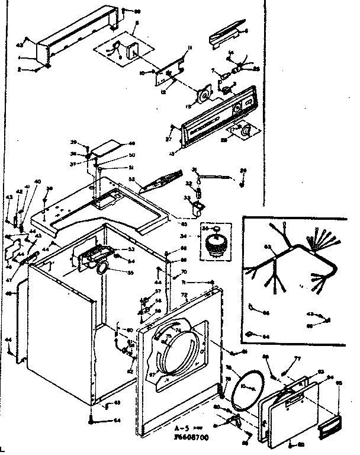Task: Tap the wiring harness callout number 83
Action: (267, 247)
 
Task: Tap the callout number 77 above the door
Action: (298, 359)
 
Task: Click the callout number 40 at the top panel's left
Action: (37, 181)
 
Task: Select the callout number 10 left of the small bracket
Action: (143, 73)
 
